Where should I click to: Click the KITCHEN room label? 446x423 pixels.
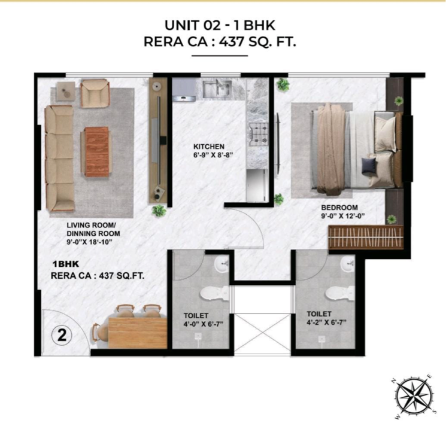point(208,147)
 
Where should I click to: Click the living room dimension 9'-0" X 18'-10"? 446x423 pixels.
point(90,243)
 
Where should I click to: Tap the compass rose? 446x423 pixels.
point(412,397)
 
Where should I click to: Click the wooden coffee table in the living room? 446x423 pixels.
point(96,151)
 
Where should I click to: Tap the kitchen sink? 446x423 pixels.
point(214,89)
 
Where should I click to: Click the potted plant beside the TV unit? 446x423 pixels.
point(159,209)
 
